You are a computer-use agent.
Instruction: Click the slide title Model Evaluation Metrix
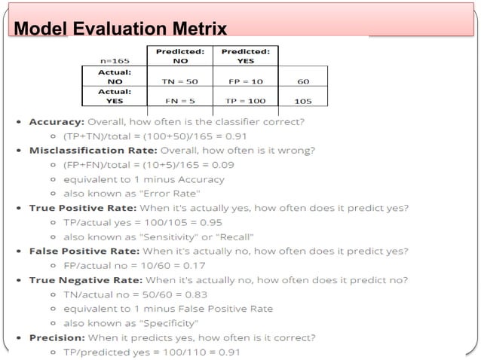[x=121, y=29]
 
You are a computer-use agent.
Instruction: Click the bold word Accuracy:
[x=56, y=121]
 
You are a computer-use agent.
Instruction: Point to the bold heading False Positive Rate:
[x=81, y=251]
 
